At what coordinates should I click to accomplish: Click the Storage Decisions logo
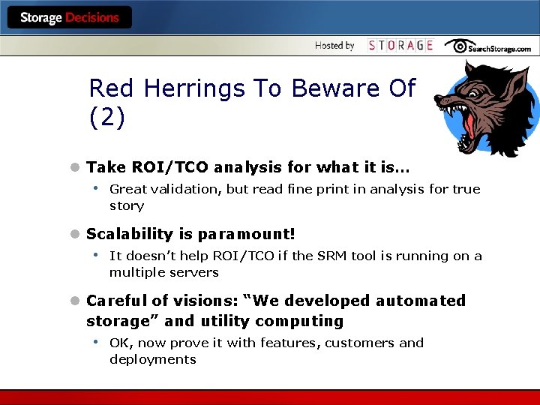tap(69, 17)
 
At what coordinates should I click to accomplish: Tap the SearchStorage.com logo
tap(488, 46)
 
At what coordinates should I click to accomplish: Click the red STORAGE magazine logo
tap(400, 46)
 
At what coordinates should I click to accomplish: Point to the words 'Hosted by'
tap(334, 46)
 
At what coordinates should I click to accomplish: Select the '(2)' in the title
tap(106, 117)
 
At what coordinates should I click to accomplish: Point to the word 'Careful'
tap(116, 301)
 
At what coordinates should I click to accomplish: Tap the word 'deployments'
tap(153, 359)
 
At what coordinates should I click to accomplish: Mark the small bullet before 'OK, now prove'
tap(97, 342)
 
